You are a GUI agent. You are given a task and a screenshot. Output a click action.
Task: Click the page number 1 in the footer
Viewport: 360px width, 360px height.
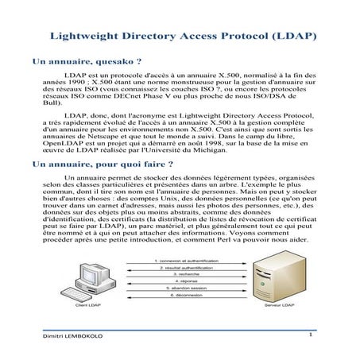[312, 335]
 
